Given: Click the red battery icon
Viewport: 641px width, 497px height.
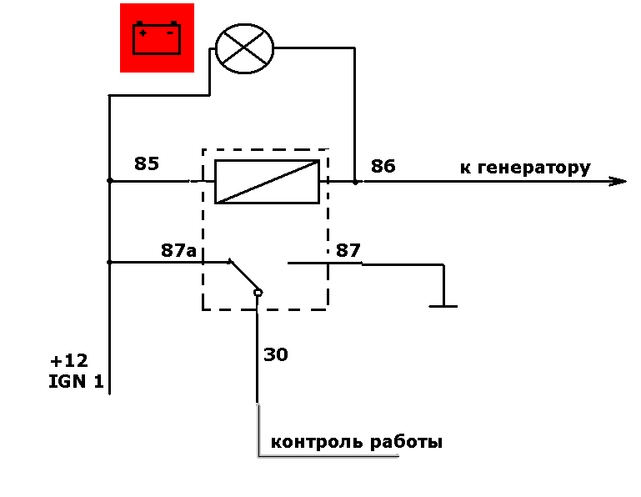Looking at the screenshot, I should click(158, 38).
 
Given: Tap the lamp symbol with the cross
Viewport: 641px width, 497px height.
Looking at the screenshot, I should click(244, 48).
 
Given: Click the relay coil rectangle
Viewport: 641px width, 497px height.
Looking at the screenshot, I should click(267, 181).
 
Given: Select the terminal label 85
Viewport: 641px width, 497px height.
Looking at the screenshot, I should click(147, 164).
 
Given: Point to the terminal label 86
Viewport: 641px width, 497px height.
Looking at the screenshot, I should click(383, 166).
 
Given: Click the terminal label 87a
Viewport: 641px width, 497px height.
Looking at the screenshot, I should click(178, 250).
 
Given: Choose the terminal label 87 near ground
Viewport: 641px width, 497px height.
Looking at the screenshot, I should click(348, 250).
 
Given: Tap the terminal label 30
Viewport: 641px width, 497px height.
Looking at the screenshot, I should click(275, 355).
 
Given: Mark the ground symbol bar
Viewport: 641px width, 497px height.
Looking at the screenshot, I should click(443, 306).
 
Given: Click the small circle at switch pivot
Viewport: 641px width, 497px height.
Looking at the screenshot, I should click(258, 293).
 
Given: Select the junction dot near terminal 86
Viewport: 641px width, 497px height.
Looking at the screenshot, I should click(355, 181).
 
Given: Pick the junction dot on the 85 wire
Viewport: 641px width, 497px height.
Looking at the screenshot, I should click(109, 181).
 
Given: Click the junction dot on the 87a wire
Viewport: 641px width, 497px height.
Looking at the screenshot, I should click(109, 263).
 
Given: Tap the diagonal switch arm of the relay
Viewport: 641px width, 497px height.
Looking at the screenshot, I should click(242, 276).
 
